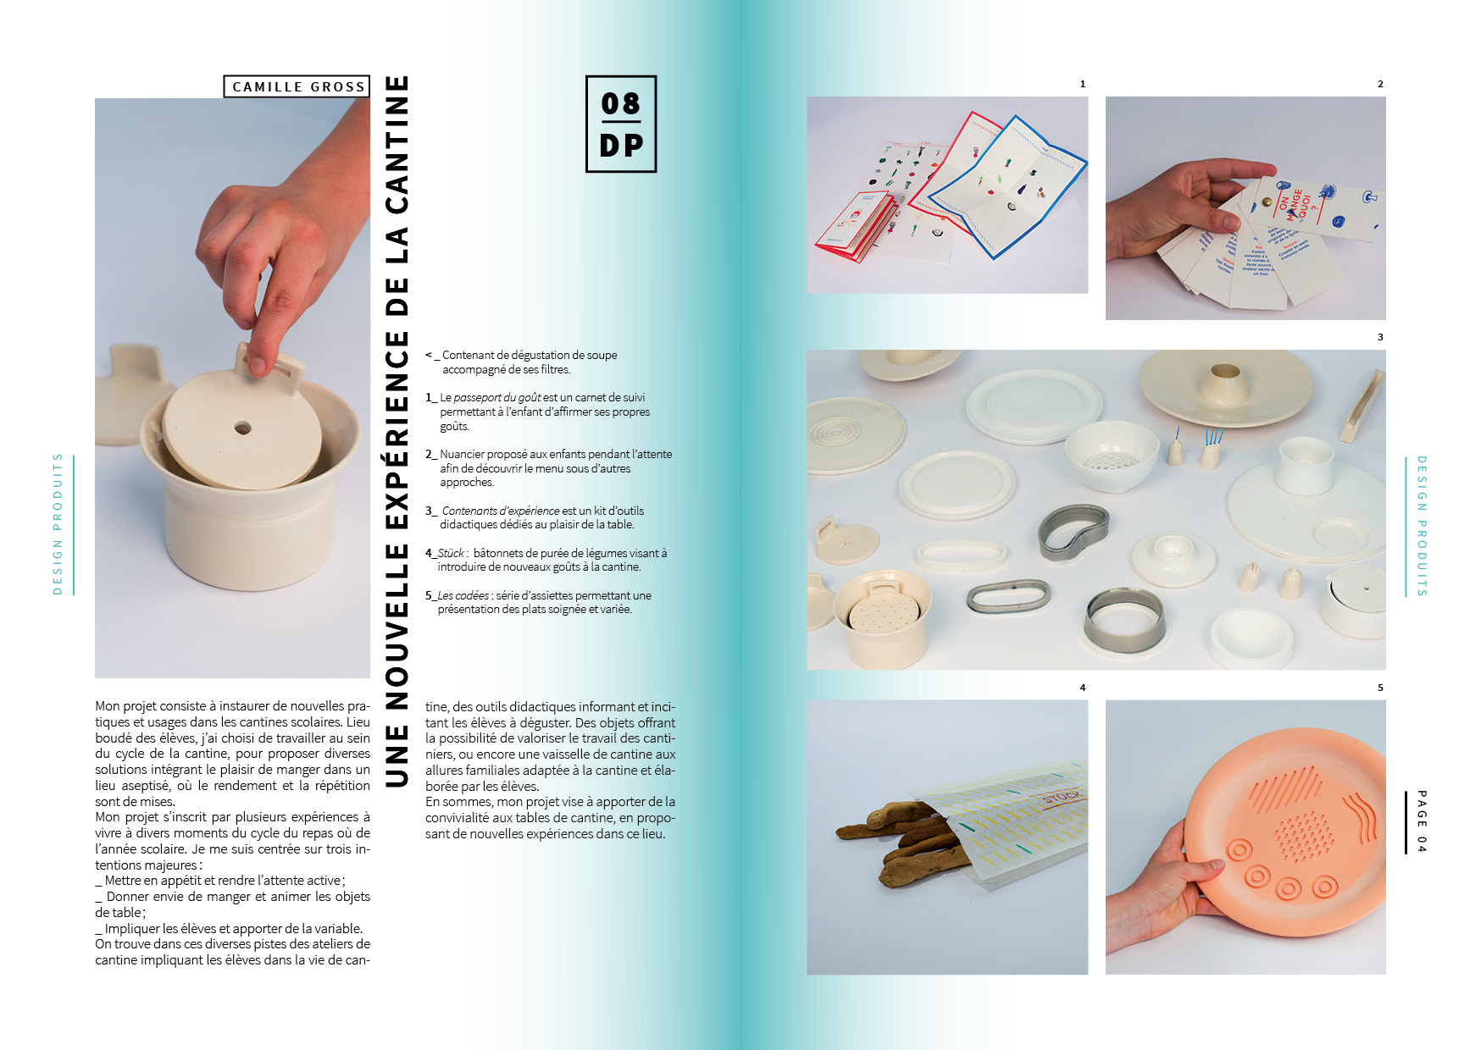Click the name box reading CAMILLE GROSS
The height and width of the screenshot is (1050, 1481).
[x=297, y=86]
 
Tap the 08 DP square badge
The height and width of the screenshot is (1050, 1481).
[x=621, y=124]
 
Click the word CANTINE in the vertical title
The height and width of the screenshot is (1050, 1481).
[x=397, y=145]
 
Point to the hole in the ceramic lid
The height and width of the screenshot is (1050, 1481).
[x=243, y=428]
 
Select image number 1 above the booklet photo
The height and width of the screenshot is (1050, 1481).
[x=1083, y=84]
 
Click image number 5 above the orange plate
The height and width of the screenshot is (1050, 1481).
[x=1380, y=688]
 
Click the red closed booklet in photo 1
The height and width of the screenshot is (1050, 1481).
[x=853, y=226]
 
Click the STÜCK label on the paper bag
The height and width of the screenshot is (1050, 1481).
[x=1061, y=799]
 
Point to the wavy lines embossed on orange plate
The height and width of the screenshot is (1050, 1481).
[x=1355, y=815]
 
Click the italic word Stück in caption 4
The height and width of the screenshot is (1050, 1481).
[x=451, y=553]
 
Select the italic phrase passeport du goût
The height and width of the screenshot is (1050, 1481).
[x=496, y=397]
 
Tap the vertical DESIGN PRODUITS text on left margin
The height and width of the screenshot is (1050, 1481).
[x=58, y=524]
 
